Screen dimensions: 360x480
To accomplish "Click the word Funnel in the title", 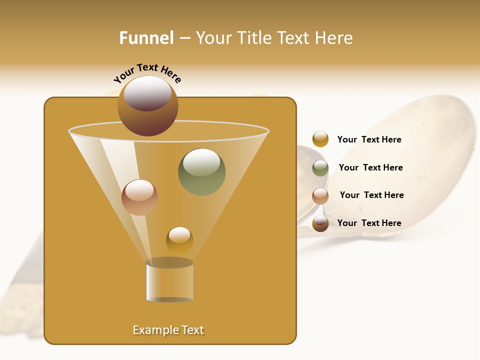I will pyautogui.click(x=146, y=38).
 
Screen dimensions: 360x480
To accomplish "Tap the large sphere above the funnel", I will pyautogui.click(x=147, y=106).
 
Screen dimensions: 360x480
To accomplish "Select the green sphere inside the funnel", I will pyautogui.click(x=201, y=172).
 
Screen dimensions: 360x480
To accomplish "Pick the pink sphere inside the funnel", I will pyautogui.click(x=139, y=197).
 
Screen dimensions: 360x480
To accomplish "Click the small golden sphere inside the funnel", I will pyautogui.click(x=179, y=240).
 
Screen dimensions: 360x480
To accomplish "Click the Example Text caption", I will pyautogui.click(x=168, y=330).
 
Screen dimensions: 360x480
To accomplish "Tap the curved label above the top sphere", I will pyautogui.click(x=147, y=72).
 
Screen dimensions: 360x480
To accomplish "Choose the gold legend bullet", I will pyautogui.click(x=320, y=139).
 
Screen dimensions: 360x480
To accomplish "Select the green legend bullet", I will pyautogui.click(x=320, y=168).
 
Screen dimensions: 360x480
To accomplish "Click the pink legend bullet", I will pyautogui.click(x=320, y=196).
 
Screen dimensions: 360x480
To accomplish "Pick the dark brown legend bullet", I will pyautogui.click(x=320, y=223).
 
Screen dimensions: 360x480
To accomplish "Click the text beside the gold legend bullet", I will pyautogui.click(x=369, y=140).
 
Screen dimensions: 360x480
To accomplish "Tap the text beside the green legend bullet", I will pyautogui.click(x=370, y=168).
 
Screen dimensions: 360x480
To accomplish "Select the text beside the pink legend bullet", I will pyautogui.click(x=371, y=195).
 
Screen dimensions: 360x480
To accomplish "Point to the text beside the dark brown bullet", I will pyautogui.click(x=369, y=223).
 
